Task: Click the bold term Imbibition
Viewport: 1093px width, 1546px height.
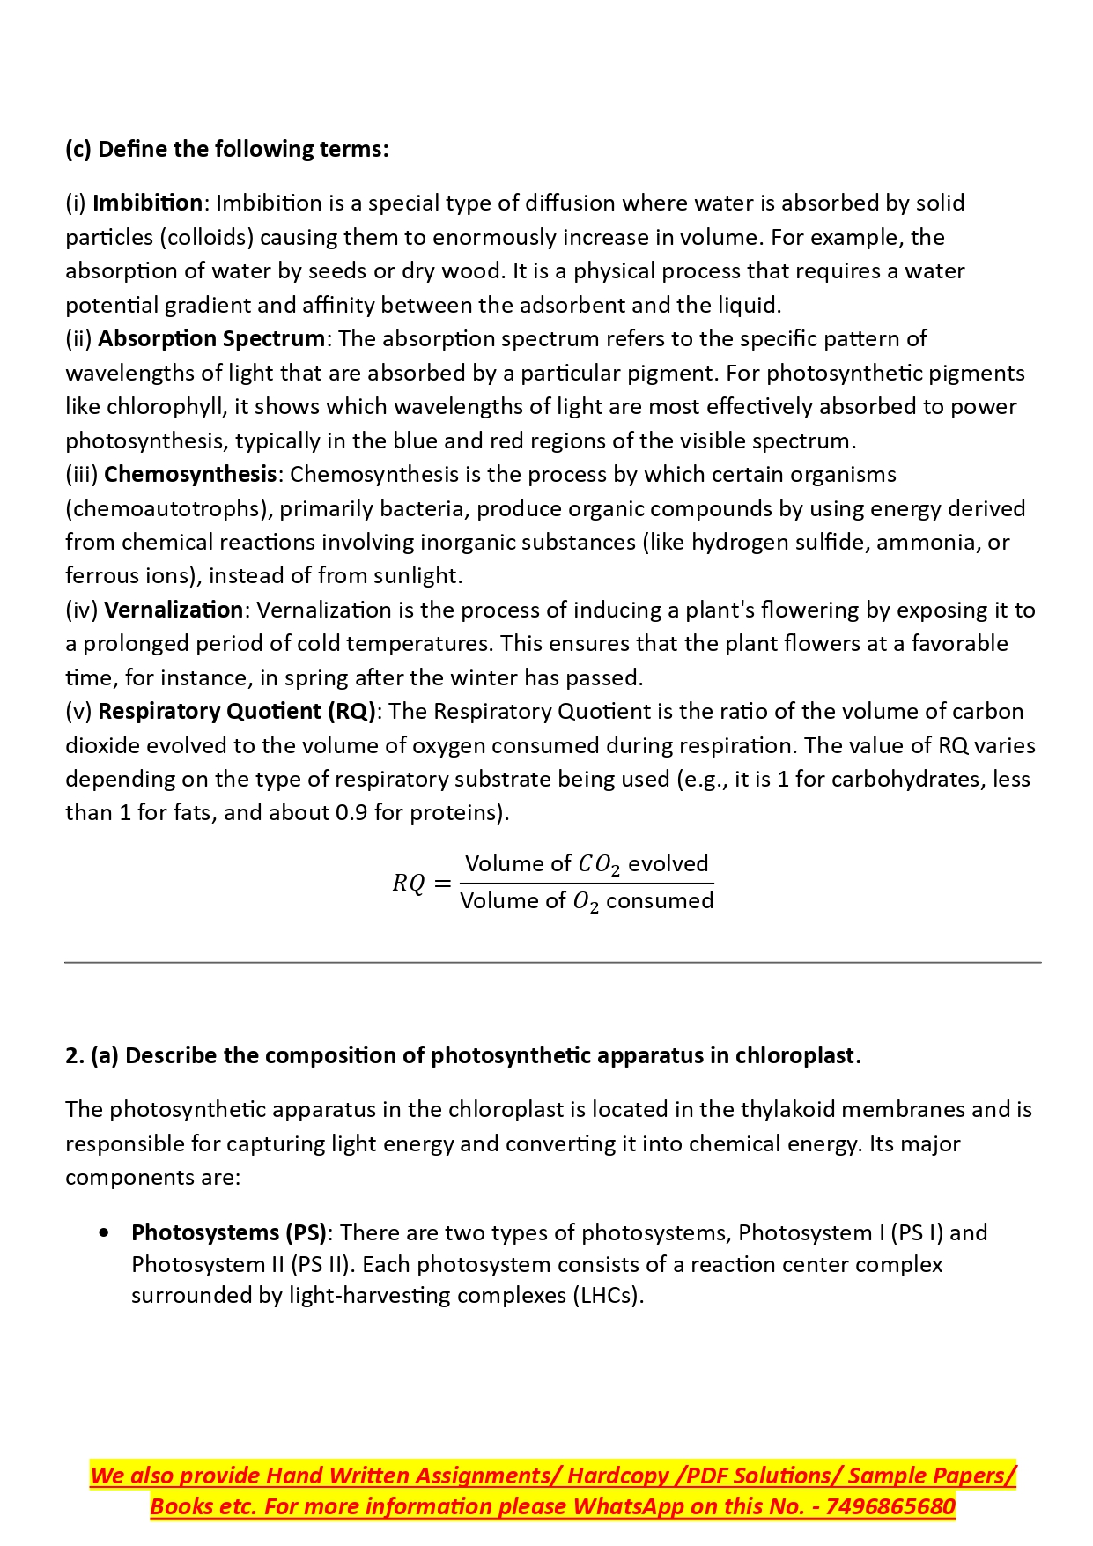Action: pyautogui.click(x=147, y=203)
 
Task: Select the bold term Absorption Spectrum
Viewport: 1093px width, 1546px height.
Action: pyautogui.click(x=211, y=339)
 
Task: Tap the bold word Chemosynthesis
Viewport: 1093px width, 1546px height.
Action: pyautogui.click(x=190, y=475)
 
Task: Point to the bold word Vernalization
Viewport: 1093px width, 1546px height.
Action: pyautogui.click(x=174, y=610)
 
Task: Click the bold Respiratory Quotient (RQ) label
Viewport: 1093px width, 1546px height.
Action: pyautogui.click(x=237, y=712)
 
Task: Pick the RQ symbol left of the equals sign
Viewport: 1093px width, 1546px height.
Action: pyautogui.click(x=409, y=883)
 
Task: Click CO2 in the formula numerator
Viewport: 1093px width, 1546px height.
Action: pyautogui.click(x=599, y=865)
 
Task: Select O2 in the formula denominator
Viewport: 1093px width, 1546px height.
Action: pyautogui.click(x=586, y=902)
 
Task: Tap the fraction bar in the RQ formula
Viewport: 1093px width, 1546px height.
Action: pyautogui.click(x=587, y=884)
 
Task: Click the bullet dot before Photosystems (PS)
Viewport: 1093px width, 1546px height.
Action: pyautogui.click(x=105, y=1233)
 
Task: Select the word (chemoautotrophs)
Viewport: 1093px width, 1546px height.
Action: pyautogui.click(x=166, y=509)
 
